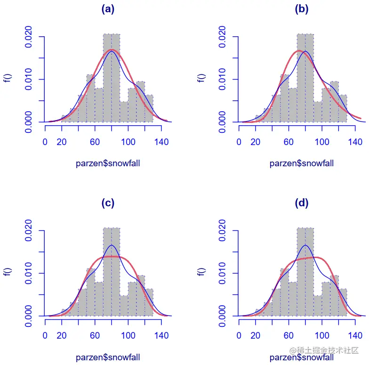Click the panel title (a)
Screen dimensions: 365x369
click(x=108, y=9)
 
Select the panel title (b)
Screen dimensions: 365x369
click(x=301, y=9)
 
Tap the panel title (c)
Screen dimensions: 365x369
click(x=108, y=203)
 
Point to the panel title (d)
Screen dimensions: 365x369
click(x=301, y=203)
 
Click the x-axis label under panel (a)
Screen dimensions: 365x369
click(x=108, y=163)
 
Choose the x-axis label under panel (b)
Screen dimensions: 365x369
click(x=302, y=163)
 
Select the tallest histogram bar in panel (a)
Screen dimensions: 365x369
click(x=112, y=78)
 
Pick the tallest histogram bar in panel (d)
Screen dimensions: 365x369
click(x=305, y=272)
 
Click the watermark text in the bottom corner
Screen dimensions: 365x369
click(x=324, y=351)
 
